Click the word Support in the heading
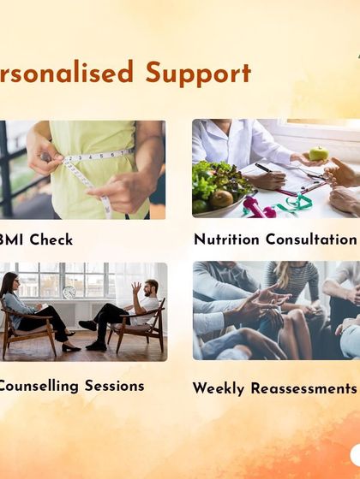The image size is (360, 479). point(198,74)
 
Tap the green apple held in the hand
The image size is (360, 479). point(318,154)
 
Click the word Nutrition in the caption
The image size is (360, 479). point(231,239)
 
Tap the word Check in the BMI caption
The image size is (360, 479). point(51,239)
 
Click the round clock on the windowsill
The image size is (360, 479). point(69,293)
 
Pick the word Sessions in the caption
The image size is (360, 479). point(110,386)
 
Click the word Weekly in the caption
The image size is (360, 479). point(219,388)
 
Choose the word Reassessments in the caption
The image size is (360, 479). point(303,388)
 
